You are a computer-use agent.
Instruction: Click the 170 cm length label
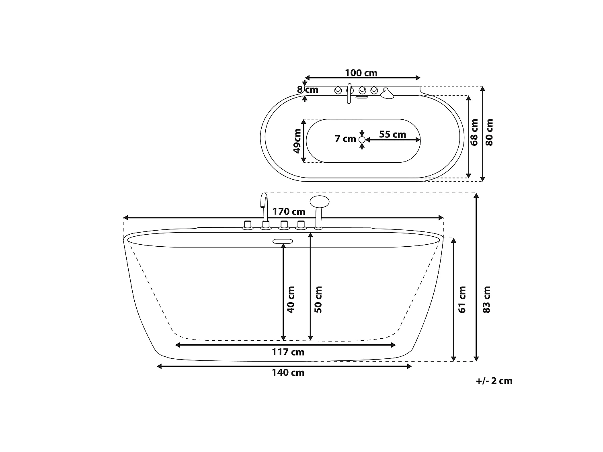pyautogui.click(x=289, y=212)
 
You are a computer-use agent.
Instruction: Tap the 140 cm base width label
pyautogui.click(x=288, y=373)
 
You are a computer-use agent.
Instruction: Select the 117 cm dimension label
pyautogui.click(x=288, y=352)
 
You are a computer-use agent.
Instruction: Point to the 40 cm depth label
pyautogui.click(x=291, y=300)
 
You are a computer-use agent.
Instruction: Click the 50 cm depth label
pyautogui.click(x=318, y=300)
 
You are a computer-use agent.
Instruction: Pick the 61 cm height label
pyautogui.click(x=462, y=300)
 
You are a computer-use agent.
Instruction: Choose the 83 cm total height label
pyautogui.click(x=486, y=300)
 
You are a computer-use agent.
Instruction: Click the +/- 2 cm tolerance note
pyautogui.click(x=494, y=381)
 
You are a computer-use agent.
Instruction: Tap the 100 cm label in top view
pyautogui.click(x=361, y=73)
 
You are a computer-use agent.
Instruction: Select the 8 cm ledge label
pyautogui.click(x=308, y=90)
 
